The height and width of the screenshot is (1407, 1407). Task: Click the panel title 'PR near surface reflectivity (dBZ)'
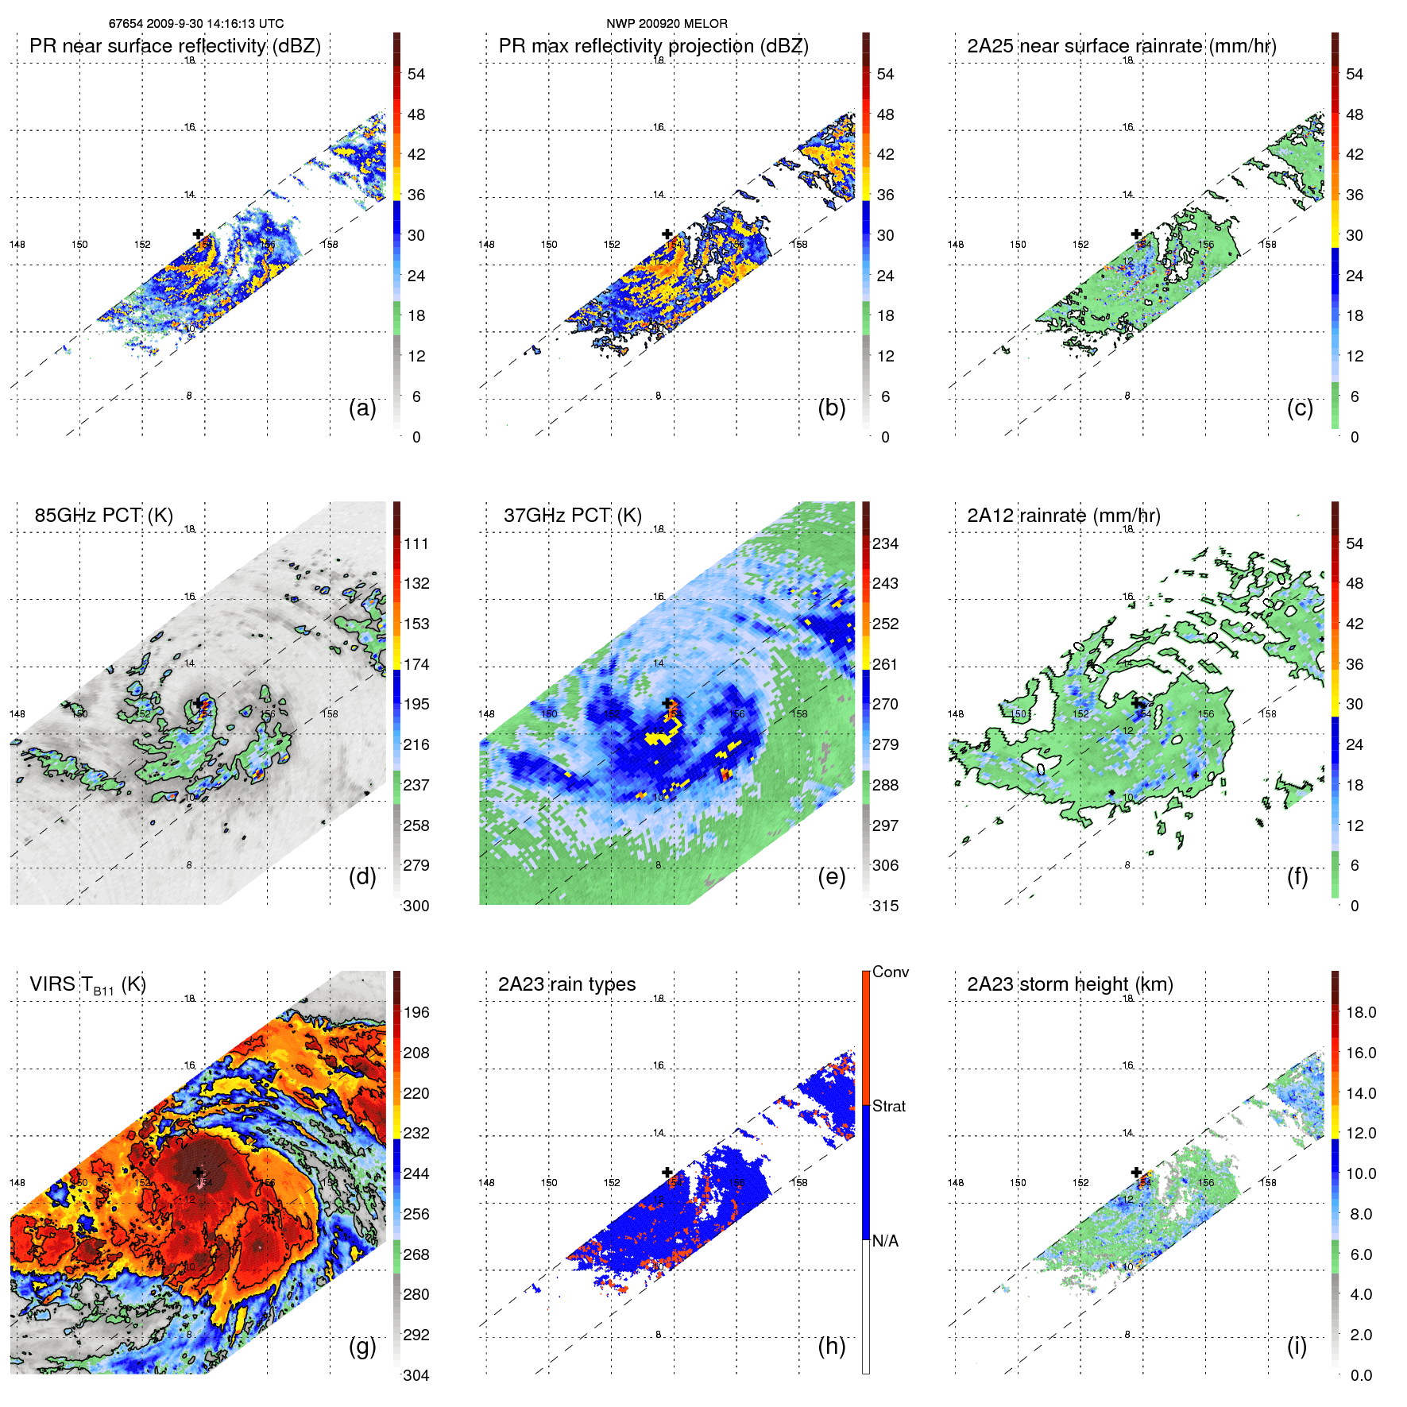[175, 46]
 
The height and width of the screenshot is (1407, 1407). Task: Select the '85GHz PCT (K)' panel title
[103, 515]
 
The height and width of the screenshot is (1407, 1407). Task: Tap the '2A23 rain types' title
[566, 984]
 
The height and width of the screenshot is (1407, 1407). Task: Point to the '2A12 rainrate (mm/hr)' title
[1064, 515]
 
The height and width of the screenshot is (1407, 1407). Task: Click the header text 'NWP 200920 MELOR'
[667, 24]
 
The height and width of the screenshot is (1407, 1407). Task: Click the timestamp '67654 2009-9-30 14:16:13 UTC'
[196, 24]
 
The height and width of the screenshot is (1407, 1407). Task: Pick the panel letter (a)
[362, 408]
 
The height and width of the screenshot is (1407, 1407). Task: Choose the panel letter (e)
[831, 876]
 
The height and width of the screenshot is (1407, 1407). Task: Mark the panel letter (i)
[1297, 1346]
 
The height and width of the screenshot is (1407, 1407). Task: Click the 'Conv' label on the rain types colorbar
[891, 972]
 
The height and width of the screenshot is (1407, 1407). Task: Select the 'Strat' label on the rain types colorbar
[889, 1106]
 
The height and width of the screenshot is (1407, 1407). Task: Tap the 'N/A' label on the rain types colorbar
[885, 1241]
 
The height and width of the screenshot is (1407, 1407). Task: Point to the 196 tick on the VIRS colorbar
[416, 1012]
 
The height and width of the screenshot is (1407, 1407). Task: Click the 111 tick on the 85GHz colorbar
[416, 543]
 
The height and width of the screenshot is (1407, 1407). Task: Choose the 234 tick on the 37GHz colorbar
[885, 543]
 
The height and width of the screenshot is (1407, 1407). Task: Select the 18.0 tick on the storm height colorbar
[1361, 1012]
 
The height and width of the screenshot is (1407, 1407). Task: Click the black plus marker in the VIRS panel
[198, 1172]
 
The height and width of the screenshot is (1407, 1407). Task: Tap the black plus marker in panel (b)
[667, 234]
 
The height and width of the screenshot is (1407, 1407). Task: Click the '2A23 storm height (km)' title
[1070, 984]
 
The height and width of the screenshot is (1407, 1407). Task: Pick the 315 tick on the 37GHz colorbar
[885, 906]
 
